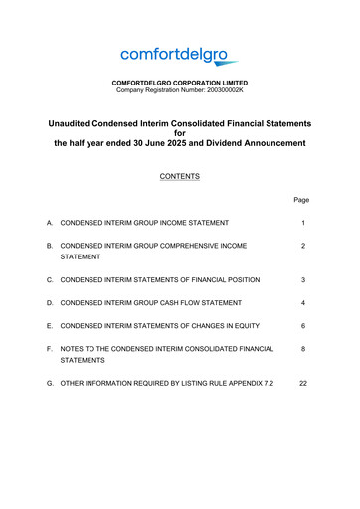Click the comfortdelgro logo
pos(180,56)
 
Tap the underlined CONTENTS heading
pos(180,176)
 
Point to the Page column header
pos(301,200)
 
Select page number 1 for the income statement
pos(301,222)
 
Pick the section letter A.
pos(49,222)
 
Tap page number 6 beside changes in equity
pos(301,325)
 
